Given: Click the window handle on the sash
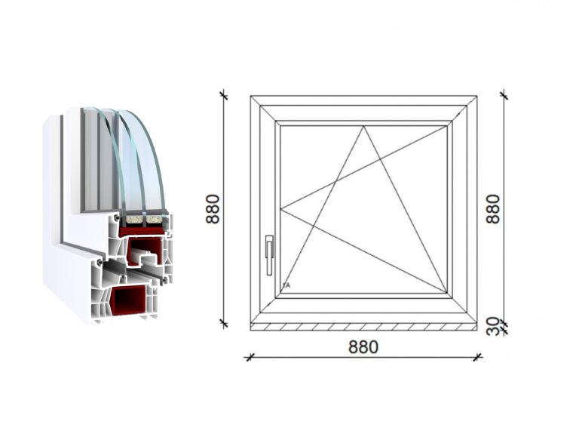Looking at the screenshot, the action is [270, 255].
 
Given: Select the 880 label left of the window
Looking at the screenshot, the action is [213, 209].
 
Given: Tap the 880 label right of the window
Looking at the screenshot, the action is [493, 209].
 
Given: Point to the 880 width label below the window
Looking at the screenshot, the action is [363, 347].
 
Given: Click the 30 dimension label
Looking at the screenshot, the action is [493, 326].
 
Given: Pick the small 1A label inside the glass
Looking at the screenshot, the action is [286, 285].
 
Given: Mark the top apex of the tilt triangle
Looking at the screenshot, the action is [363, 126].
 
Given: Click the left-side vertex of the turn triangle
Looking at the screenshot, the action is [280, 210].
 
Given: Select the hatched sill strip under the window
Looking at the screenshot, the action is [363, 327].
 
